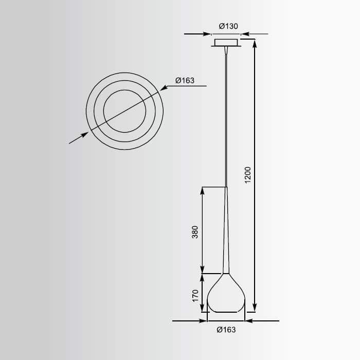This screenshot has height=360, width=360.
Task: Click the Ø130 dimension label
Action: [x=228, y=26]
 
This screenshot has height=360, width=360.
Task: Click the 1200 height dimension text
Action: [x=248, y=175]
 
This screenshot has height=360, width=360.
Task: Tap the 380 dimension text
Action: [x=195, y=232]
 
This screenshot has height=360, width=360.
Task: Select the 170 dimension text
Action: [x=195, y=296]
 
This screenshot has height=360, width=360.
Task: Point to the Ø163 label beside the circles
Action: [x=185, y=80]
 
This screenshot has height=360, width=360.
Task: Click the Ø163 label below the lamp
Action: [x=226, y=330]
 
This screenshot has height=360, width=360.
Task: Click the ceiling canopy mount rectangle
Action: [x=226, y=43]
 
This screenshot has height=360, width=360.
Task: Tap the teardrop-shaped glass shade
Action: [x=226, y=293]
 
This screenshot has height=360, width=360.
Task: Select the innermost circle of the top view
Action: [x=124, y=90]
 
